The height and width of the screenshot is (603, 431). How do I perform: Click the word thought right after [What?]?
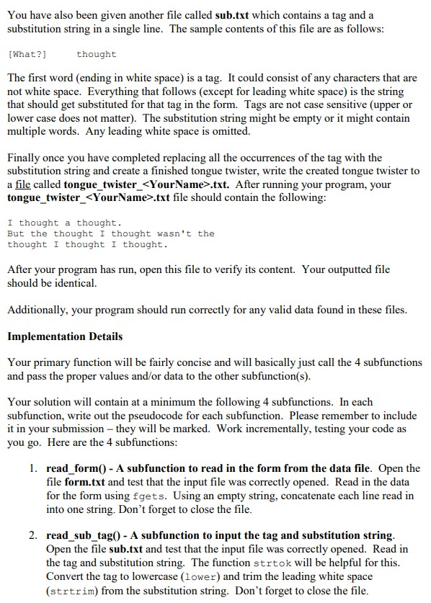[x=96, y=54]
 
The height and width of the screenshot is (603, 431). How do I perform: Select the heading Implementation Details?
[x=65, y=336]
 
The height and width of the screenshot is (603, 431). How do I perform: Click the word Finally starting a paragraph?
[x=25, y=158]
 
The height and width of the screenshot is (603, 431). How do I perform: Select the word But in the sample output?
[x=16, y=233]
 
